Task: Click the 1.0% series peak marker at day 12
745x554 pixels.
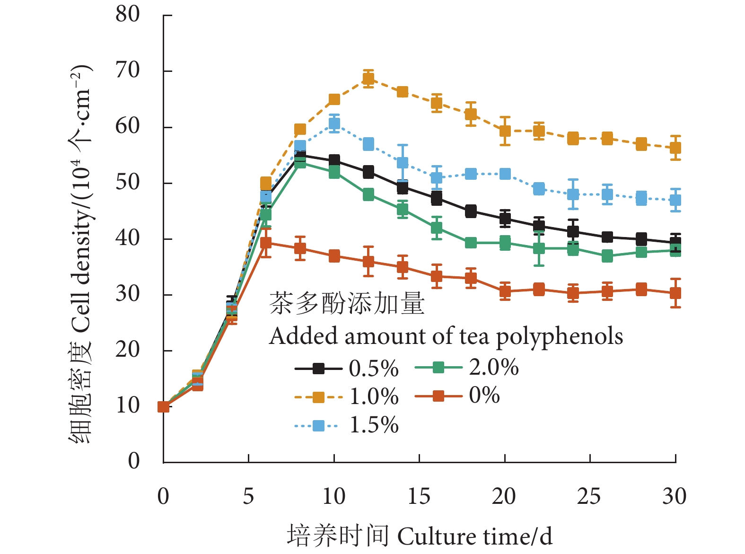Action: (x=368, y=79)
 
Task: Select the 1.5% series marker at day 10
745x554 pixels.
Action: (x=334, y=124)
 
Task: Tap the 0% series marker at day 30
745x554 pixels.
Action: (x=675, y=293)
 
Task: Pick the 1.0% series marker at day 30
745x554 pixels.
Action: (x=675, y=148)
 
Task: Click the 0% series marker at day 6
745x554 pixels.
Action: (x=266, y=243)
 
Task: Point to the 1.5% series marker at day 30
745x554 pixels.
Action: (x=675, y=200)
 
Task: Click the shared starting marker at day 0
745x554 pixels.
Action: (x=163, y=407)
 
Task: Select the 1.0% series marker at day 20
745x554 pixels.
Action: (x=505, y=131)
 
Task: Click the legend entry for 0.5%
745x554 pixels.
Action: (x=347, y=369)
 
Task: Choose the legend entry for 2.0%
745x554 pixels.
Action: (x=466, y=367)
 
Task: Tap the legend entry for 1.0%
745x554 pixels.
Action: (x=347, y=397)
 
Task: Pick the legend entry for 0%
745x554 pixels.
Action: (x=457, y=396)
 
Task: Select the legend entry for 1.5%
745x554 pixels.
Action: (x=347, y=425)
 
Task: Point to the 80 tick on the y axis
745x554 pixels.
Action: (x=128, y=14)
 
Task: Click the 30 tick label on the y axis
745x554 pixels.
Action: (x=128, y=294)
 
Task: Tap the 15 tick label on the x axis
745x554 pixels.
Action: (x=419, y=496)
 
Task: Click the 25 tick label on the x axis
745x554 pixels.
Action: (x=589, y=496)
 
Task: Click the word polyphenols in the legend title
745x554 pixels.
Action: (x=560, y=337)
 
